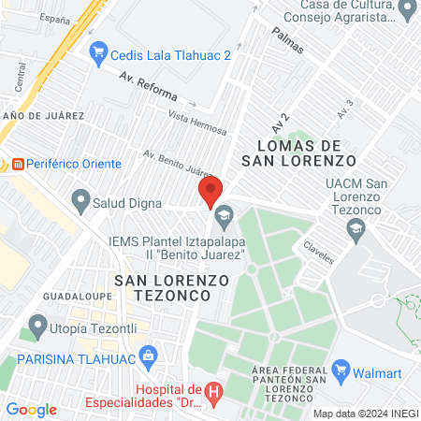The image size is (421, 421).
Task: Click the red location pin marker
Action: tap(210, 191)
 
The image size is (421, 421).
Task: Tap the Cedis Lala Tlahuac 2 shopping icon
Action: tap(96, 54)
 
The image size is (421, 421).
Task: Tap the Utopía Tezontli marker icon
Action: tap(38, 327)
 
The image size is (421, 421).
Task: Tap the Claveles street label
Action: tap(318, 253)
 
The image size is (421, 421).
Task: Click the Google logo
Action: tap(31, 410)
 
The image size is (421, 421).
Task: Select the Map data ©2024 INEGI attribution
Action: tap(364, 414)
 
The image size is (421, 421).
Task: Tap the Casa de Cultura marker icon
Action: tap(407, 9)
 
